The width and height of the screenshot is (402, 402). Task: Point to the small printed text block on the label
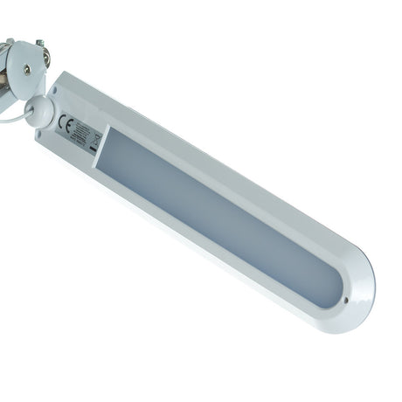click(x=79, y=130)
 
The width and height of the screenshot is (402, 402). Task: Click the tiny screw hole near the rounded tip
click(x=347, y=299)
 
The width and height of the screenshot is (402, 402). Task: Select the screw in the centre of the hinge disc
click(x=27, y=69)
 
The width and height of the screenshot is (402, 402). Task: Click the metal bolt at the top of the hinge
click(x=38, y=41)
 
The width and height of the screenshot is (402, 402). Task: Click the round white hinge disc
click(x=26, y=69)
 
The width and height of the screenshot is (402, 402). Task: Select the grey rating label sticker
click(x=79, y=132)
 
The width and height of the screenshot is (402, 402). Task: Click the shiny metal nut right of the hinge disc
click(x=45, y=58)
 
